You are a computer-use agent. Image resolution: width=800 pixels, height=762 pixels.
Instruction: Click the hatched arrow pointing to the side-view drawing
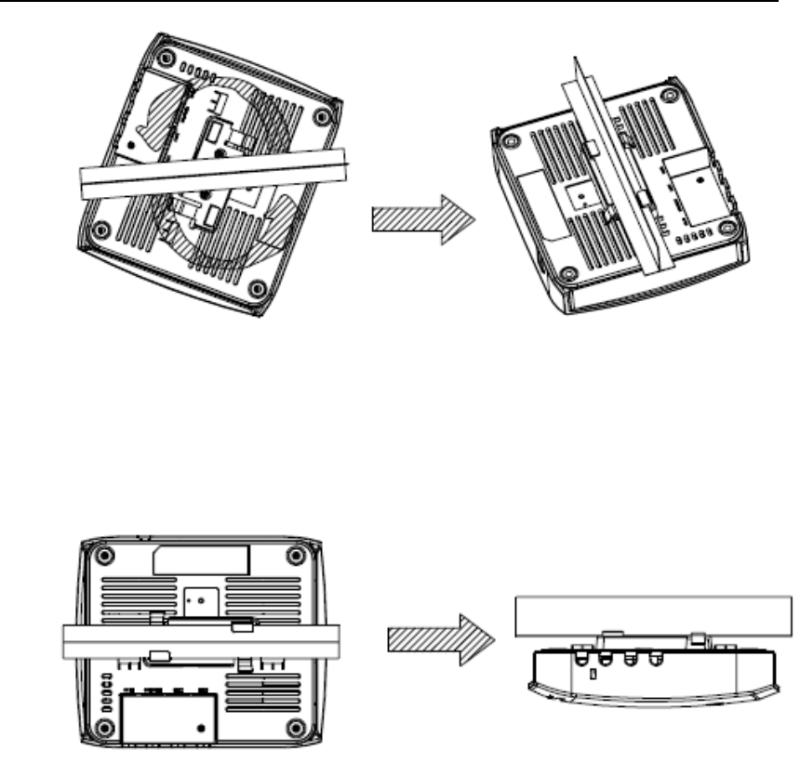coord(436,642)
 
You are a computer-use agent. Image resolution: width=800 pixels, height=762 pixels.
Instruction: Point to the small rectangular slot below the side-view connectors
coord(593,675)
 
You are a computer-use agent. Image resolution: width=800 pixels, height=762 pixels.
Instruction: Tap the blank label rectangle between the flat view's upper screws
coord(200,558)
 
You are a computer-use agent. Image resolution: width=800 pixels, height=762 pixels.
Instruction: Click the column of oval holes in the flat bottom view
coord(104,690)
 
